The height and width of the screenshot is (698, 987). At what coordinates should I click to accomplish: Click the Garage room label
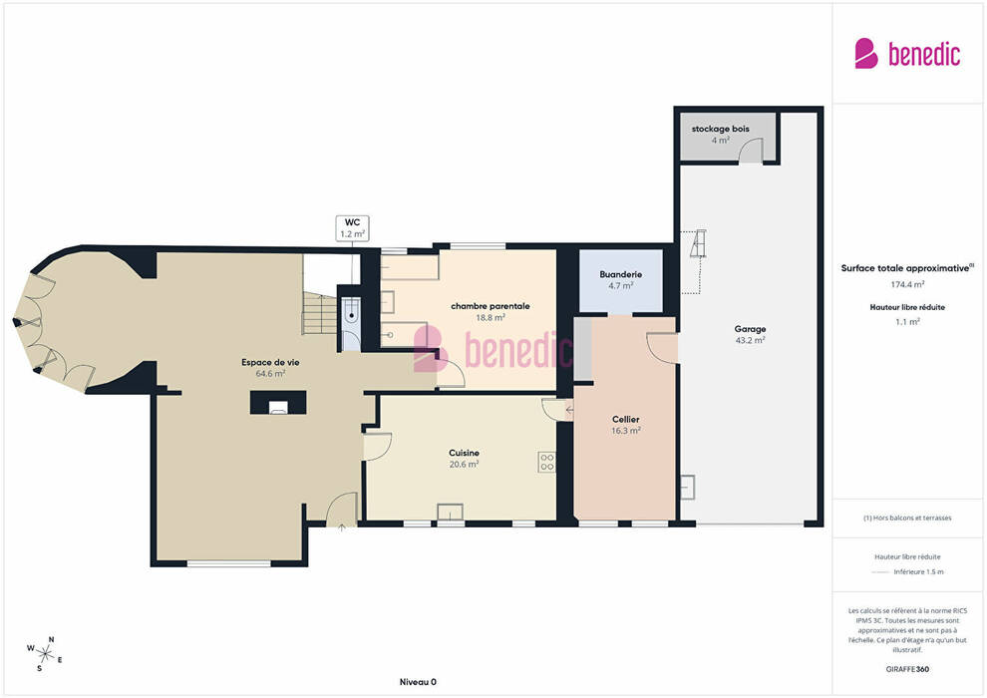(x=750, y=328)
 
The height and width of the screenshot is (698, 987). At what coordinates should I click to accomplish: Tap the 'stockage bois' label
(x=720, y=129)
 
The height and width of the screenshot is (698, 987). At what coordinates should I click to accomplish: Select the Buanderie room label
(x=621, y=274)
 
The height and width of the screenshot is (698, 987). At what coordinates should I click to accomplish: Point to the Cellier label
(x=626, y=419)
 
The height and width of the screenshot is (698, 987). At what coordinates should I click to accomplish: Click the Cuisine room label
(x=464, y=453)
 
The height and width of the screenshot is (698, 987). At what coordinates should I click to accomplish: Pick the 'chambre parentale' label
(x=491, y=306)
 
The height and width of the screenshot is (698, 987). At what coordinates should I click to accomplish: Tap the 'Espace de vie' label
(x=270, y=362)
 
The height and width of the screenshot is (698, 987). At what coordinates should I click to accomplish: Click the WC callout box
(x=353, y=227)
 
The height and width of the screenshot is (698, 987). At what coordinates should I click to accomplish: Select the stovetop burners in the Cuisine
(x=547, y=462)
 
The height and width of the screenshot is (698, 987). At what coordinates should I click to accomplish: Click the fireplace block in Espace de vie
(x=278, y=403)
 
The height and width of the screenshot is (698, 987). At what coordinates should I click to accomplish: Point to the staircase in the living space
(x=320, y=313)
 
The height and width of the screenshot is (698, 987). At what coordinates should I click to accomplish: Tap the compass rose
(x=44, y=654)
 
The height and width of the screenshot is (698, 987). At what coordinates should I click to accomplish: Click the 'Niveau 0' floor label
(x=418, y=682)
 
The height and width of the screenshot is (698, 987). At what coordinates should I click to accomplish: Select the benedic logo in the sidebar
(x=907, y=54)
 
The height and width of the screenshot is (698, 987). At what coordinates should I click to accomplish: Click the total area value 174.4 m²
(x=907, y=284)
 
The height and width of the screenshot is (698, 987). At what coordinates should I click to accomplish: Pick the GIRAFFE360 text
(x=907, y=669)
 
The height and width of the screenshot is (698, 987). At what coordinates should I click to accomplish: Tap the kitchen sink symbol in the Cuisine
(x=450, y=512)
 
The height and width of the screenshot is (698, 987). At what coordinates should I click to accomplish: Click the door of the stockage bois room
(x=751, y=151)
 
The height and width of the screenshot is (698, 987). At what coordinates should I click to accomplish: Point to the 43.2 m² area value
(x=750, y=340)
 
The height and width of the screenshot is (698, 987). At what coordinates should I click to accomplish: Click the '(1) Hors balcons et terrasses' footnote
(x=907, y=518)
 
